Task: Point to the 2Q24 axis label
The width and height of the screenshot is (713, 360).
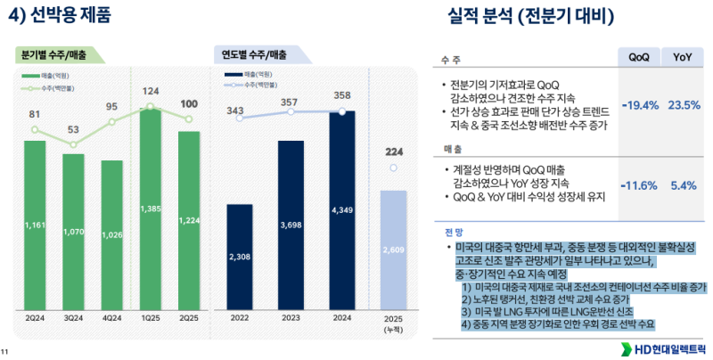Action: point(35,317)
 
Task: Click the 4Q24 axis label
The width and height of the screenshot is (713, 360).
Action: point(112,317)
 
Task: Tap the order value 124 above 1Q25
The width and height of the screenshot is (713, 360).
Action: point(151,91)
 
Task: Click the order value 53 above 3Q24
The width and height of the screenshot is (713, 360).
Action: point(73,130)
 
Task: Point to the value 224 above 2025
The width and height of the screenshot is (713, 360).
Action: point(393,151)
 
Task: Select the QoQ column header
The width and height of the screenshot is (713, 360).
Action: point(638,56)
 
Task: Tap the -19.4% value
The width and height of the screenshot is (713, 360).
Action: point(638,105)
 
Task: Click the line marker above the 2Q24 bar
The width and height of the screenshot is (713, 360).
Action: point(35,129)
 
